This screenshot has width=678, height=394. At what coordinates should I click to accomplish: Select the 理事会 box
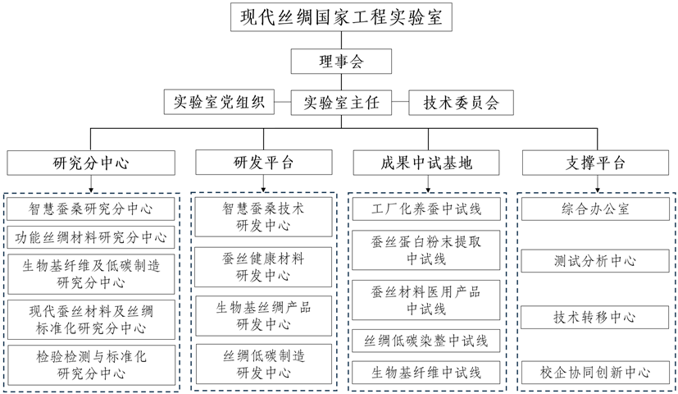click(x=339, y=62)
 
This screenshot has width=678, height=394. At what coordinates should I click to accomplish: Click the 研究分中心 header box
click(x=90, y=162)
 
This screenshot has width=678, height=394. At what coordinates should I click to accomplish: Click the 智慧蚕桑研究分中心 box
click(x=91, y=208)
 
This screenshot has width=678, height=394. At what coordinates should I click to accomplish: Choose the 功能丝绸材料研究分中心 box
click(x=91, y=238)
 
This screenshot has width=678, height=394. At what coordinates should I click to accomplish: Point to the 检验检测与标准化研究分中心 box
click(x=91, y=364)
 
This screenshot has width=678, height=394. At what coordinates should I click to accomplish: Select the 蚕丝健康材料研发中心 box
click(x=263, y=267)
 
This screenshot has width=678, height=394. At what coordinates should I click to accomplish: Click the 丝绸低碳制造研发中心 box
click(x=263, y=364)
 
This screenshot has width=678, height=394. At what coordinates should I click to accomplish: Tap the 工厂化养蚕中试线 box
click(x=425, y=208)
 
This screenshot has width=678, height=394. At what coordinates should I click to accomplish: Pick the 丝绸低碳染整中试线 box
click(x=425, y=340)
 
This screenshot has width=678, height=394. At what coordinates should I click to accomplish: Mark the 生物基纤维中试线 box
click(x=425, y=371)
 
